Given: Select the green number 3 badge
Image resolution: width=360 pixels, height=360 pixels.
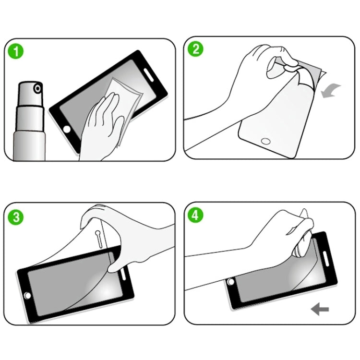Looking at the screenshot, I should [x=17, y=216].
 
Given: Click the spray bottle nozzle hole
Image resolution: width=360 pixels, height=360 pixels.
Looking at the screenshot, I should [x=36, y=88].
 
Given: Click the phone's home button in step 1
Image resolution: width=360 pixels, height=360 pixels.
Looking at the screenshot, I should [x=67, y=130].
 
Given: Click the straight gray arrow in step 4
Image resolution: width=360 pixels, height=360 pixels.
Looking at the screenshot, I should [x=320, y=309].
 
